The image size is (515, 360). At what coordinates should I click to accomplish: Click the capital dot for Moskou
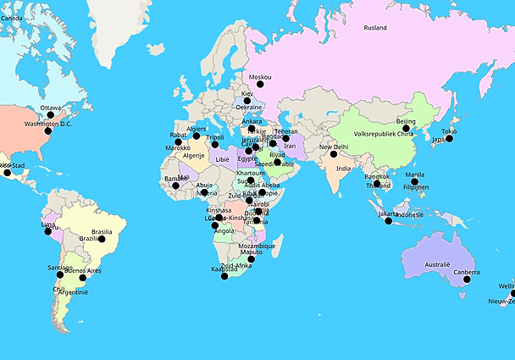[260, 85]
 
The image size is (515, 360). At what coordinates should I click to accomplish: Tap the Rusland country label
[375, 28]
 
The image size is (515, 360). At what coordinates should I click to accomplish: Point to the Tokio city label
[449, 131]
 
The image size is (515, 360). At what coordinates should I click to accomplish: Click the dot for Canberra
[466, 280]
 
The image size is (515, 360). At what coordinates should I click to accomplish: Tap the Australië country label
[436, 264]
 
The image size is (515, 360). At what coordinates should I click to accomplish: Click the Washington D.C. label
[47, 125]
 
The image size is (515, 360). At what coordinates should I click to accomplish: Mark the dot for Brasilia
[102, 239]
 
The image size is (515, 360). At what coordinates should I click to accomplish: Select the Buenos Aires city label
[82, 270]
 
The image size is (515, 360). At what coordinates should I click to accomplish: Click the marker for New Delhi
[334, 154]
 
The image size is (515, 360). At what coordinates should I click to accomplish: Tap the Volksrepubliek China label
[383, 134]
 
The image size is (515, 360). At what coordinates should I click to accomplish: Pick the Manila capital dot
[415, 182]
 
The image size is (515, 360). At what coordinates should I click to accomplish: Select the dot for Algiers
[197, 136]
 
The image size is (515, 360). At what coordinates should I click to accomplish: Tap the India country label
[343, 169]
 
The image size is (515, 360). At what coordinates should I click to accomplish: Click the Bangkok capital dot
[377, 184]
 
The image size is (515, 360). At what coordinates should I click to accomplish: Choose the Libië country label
[222, 159]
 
